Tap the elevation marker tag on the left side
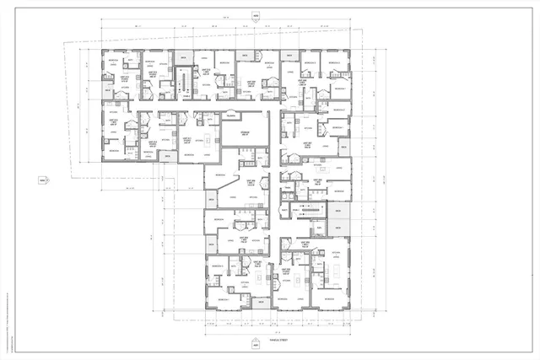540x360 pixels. click(x=48, y=180)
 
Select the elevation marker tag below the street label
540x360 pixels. click(x=256, y=345)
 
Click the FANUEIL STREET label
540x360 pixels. click(x=256, y=335)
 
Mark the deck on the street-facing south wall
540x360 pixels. click(x=261, y=303)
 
